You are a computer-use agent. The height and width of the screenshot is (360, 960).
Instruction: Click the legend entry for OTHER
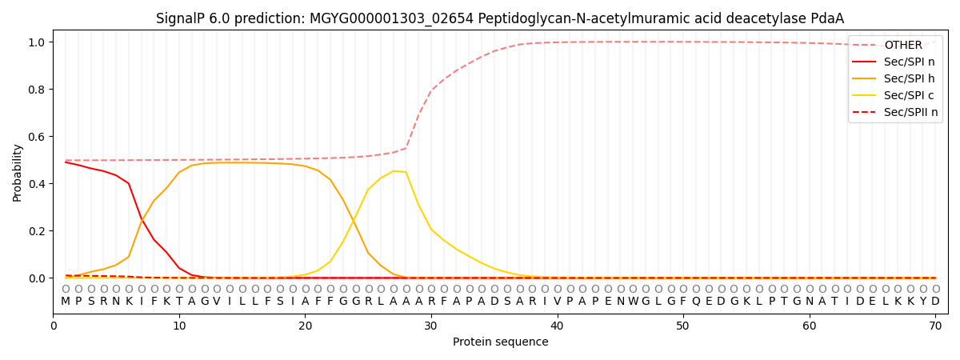pyautogui.click(x=903, y=46)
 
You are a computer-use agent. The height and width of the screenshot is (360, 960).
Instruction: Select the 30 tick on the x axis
pyautogui.click(x=431, y=326)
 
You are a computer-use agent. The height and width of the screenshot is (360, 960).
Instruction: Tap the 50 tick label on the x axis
pyautogui.click(x=682, y=326)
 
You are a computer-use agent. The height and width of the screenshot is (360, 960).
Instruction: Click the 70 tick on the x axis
pyautogui.click(x=935, y=326)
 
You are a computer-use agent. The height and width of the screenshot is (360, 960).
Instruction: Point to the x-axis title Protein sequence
pyautogui.click(x=500, y=342)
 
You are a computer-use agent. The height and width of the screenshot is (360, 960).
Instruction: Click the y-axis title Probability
pyautogui.click(x=18, y=172)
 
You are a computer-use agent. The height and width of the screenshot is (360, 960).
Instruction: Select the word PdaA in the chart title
pyautogui.click(x=827, y=18)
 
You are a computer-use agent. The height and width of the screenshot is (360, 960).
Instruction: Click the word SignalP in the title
pyautogui.click(x=180, y=18)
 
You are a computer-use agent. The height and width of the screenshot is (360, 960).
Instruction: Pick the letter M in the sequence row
pyautogui.click(x=66, y=302)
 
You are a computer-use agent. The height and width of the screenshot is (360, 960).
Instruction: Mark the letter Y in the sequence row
pyautogui.click(x=922, y=302)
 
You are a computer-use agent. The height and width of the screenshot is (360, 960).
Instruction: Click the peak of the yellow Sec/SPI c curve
pyautogui.click(x=394, y=170)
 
